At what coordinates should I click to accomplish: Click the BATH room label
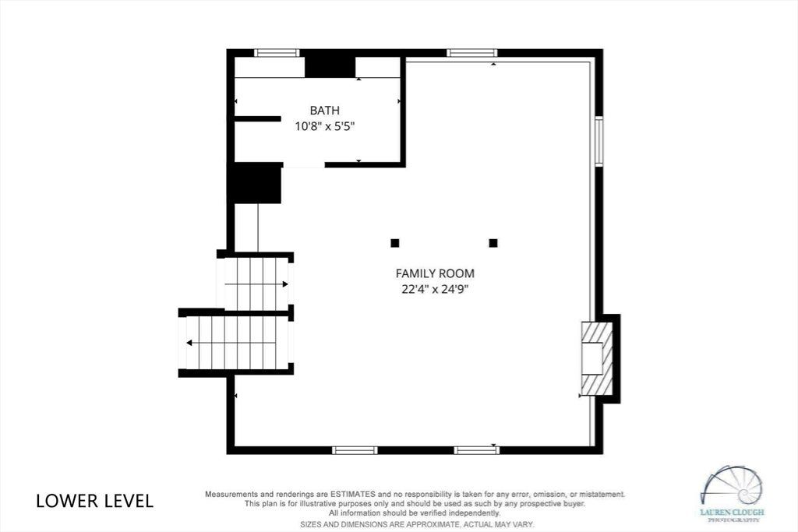point(325,111)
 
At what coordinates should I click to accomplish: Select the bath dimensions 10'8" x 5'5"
point(325,126)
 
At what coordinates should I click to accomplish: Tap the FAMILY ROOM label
point(435,273)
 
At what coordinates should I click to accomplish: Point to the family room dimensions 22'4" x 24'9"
point(435,290)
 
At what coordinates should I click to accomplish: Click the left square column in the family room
point(395,243)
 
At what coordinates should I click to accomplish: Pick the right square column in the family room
point(493,243)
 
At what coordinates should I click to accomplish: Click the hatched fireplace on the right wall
point(597,358)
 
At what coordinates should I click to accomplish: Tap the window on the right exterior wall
point(599,142)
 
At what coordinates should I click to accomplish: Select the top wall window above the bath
point(277,52)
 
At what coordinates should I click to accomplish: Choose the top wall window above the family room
point(471,52)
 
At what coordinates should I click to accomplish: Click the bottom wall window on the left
point(355,450)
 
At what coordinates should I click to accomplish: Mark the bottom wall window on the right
point(477,450)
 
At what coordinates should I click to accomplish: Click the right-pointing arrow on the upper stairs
point(256,284)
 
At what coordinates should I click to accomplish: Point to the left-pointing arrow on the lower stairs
point(231,343)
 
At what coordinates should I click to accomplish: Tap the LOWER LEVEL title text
point(94,501)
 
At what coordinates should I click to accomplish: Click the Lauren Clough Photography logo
point(732,493)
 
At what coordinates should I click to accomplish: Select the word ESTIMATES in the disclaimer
point(353,494)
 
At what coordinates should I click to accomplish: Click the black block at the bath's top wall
point(330,67)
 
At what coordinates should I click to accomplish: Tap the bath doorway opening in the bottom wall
point(303,165)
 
